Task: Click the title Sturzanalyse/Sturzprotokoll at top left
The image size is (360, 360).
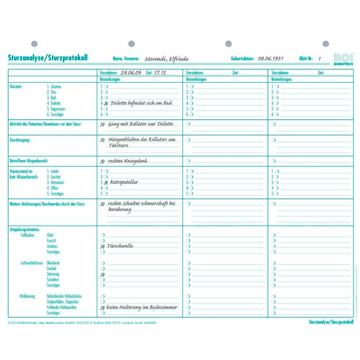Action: pyautogui.click(x=48, y=58)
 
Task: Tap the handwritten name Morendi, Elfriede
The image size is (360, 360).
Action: pyautogui.click(x=166, y=59)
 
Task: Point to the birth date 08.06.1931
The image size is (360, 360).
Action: pyautogui.click(x=270, y=59)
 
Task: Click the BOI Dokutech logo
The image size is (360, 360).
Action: pyautogui.click(x=344, y=59)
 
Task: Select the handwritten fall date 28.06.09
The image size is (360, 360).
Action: pyautogui.click(x=131, y=72)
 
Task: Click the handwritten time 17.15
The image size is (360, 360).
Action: pyautogui.click(x=159, y=72)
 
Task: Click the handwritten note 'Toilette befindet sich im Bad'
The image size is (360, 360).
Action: pyautogui.click(x=141, y=103)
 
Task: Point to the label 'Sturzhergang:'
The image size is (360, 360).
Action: pyautogui.click(x=21, y=140)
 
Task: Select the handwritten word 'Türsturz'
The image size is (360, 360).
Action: pyautogui.click(x=119, y=146)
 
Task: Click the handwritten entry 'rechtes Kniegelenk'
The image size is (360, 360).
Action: pyautogui.click(x=128, y=161)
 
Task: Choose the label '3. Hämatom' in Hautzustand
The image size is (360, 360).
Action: pyautogui.click(x=55, y=183)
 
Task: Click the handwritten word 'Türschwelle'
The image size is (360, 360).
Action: pyautogui.click(x=121, y=246)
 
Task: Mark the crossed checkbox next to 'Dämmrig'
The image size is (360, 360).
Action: pyautogui.click(x=103, y=274)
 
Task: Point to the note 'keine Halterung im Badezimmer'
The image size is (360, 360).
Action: pyautogui.click(x=142, y=307)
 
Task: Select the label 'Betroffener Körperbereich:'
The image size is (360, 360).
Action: pyautogui.click(x=29, y=161)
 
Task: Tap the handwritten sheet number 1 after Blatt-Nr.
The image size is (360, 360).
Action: pyautogui.click(x=319, y=59)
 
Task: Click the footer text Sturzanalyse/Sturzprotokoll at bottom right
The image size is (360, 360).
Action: pyautogui.click(x=330, y=322)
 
